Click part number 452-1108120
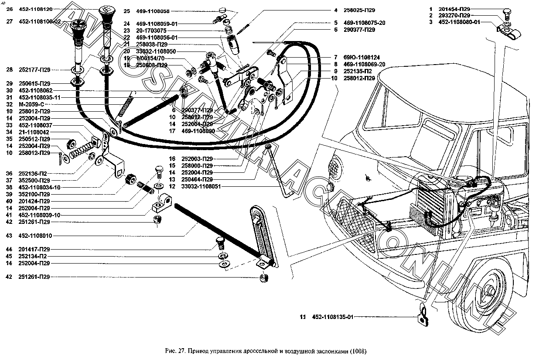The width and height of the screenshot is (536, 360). (35, 9)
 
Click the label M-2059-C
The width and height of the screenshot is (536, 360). (31, 105)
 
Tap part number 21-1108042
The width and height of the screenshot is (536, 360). (34, 132)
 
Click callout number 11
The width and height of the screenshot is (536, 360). (302, 318)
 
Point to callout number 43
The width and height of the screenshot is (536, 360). (9, 236)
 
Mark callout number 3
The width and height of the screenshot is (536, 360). (430, 22)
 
